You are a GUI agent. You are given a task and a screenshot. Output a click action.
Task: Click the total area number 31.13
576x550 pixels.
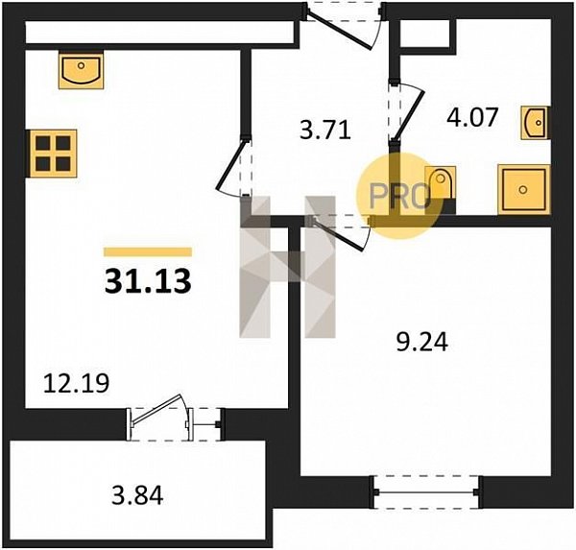point(148,281)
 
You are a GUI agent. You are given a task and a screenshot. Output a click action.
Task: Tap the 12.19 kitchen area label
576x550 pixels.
point(76,383)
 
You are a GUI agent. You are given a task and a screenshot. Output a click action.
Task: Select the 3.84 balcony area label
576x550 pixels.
point(137,495)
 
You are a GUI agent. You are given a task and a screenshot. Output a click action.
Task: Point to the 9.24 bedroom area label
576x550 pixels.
point(422,342)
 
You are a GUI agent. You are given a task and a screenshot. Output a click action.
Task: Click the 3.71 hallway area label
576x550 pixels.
point(325,130)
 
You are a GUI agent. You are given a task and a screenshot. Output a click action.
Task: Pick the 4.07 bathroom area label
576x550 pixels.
point(472,117)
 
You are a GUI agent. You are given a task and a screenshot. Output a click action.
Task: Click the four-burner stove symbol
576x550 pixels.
point(53,154)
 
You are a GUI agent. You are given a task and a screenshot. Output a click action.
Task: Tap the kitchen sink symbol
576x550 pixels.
point(82,70)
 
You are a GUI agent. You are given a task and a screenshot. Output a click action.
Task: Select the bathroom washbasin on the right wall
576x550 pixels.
point(536,123)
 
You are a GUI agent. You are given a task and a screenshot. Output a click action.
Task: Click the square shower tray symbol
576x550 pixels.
point(524,189)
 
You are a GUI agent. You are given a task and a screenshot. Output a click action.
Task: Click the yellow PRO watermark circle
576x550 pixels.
point(399,196)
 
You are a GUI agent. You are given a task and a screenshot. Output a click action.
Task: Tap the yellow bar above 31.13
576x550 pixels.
point(148,251)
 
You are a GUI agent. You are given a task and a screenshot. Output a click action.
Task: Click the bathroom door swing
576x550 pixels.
point(408,110)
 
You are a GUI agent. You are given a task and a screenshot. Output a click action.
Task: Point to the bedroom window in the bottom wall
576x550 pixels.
point(426,492)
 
